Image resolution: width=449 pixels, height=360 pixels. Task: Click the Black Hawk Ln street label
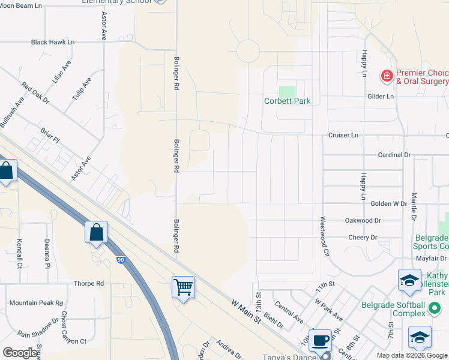point(53,43)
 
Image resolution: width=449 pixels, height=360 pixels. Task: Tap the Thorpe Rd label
point(88,283)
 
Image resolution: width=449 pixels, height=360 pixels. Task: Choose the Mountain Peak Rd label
point(36,303)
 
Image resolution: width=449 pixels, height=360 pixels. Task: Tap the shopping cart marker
point(184,286)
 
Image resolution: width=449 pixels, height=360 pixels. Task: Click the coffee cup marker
point(319,340)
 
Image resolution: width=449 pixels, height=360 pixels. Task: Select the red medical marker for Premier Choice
point(387,76)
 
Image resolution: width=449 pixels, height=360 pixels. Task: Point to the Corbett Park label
point(288,101)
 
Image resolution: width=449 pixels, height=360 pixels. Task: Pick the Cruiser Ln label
point(343,136)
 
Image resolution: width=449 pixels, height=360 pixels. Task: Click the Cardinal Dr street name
point(394,155)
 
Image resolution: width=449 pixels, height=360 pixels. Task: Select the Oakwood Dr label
point(363,220)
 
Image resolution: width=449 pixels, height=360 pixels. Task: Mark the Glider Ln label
point(381,96)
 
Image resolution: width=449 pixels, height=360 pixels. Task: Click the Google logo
point(20,352)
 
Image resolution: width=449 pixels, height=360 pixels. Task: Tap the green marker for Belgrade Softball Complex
point(435,309)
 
